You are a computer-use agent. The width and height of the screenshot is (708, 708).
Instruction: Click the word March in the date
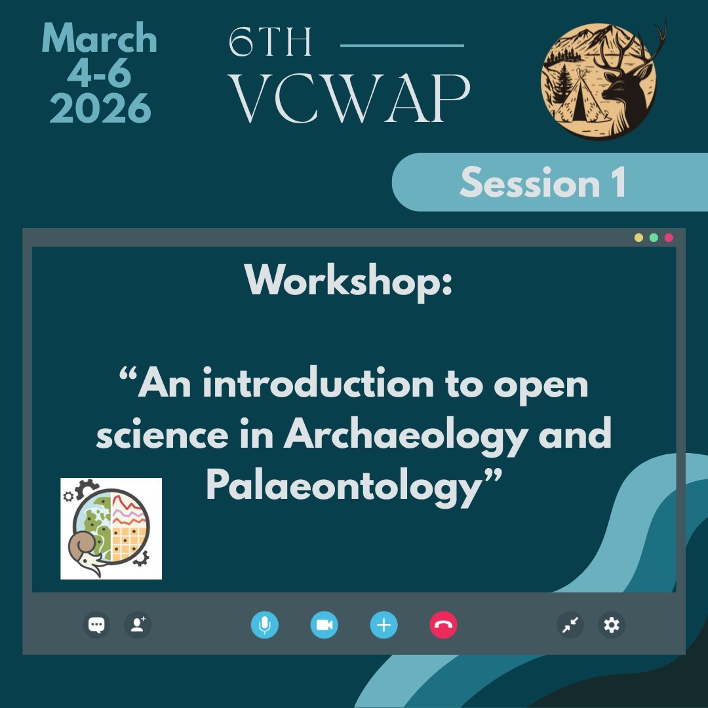(100, 39)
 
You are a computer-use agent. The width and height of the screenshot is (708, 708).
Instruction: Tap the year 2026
(100, 108)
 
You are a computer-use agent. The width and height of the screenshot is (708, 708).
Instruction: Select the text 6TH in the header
(271, 44)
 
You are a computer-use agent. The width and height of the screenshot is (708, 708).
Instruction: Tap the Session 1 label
(542, 182)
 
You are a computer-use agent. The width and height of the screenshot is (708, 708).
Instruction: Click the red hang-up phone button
(443, 625)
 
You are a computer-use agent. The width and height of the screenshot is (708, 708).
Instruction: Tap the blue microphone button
(264, 625)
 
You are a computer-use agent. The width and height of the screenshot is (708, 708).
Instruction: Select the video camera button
(324, 625)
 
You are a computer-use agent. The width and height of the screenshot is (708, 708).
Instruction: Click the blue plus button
(383, 625)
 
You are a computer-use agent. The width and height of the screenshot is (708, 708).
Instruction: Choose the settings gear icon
(612, 625)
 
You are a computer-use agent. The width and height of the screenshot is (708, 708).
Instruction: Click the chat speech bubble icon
(96, 625)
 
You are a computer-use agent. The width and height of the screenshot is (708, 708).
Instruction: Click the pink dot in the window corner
(669, 237)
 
